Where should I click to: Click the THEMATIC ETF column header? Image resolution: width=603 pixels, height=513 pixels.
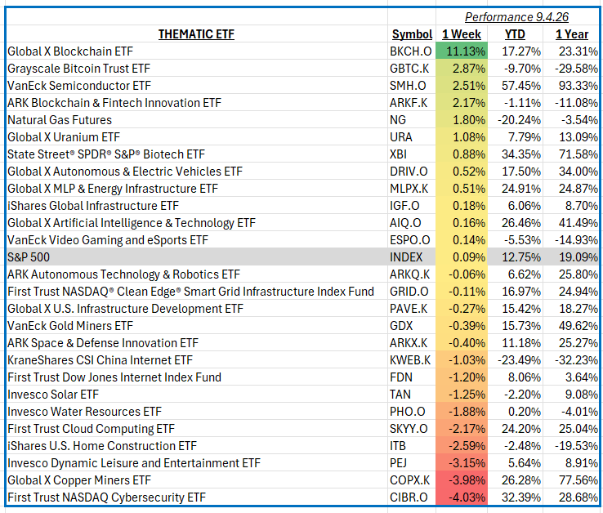[x=196, y=34]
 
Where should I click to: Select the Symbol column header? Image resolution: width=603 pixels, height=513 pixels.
[x=412, y=34]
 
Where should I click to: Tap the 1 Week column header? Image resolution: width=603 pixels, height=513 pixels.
[x=462, y=34]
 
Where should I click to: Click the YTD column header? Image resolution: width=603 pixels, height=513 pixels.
[x=515, y=34]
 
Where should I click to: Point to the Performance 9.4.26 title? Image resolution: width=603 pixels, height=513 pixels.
[x=516, y=17]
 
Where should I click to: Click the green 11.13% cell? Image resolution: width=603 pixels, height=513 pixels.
[x=462, y=51]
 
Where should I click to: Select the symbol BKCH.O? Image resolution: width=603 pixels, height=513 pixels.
[x=410, y=51]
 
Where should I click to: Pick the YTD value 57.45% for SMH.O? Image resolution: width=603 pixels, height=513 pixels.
[x=521, y=86]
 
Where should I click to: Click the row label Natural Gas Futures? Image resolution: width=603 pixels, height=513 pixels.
[x=60, y=120]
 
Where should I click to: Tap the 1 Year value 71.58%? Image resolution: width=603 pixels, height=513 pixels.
[x=578, y=154]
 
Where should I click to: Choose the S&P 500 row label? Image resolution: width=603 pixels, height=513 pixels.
[x=29, y=256]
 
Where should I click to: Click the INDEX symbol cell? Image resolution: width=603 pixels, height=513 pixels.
[x=406, y=256]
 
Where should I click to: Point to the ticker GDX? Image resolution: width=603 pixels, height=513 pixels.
[x=401, y=326]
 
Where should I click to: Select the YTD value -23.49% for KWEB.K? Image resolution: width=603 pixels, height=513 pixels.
[x=519, y=360]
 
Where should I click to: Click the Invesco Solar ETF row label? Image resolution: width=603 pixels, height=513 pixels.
[x=53, y=395]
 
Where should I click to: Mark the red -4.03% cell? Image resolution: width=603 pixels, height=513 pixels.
[x=462, y=497]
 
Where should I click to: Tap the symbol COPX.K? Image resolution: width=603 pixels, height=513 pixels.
[x=410, y=480]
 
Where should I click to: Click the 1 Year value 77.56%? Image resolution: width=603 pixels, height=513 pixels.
[x=578, y=480]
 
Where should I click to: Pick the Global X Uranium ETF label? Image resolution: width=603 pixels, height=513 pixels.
[x=64, y=137]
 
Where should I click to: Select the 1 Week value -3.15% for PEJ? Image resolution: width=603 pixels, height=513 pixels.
[x=467, y=463]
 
